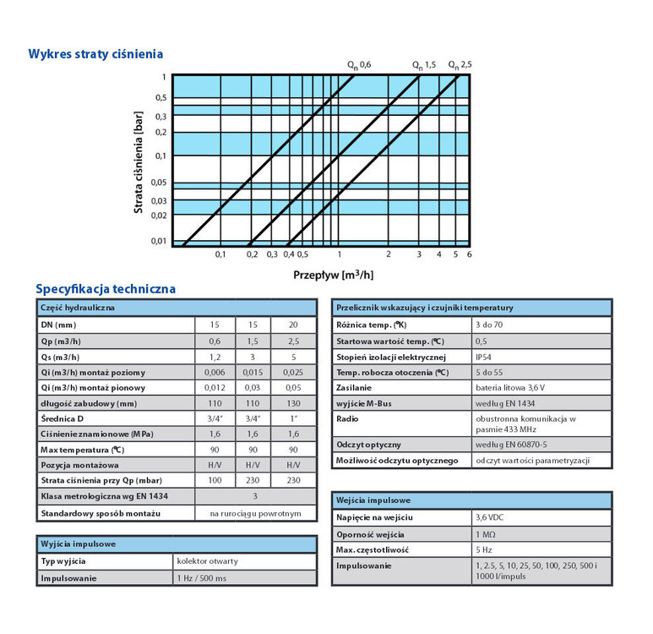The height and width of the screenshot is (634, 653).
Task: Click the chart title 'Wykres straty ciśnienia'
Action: pyautogui.click(x=95, y=55)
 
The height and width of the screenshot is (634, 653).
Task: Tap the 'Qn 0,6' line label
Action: pyautogui.click(x=358, y=65)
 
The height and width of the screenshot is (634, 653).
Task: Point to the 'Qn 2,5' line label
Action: pyautogui.click(x=460, y=65)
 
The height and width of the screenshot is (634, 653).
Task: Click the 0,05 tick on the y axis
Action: pyautogui.click(x=160, y=183)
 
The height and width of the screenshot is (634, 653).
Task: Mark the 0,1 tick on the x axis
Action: pyautogui.click(x=220, y=254)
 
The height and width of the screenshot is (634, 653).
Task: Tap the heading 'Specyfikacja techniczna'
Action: pyautogui.click(x=106, y=289)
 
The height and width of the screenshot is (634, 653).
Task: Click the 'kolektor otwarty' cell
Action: pyautogui.click(x=208, y=561)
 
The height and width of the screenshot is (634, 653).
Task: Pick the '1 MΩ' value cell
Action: pyautogui.click(x=486, y=534)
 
